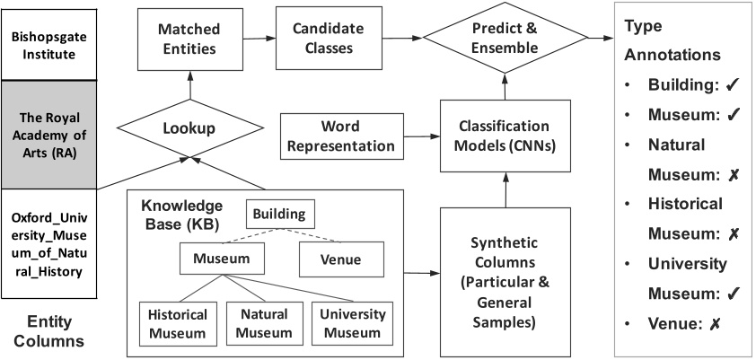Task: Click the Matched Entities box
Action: [x=189, y=39]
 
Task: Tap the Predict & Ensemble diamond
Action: [x=505, y=39]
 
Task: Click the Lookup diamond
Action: [x=189, y=127]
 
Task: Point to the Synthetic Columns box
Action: [x=505, y=268]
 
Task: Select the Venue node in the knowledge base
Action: [x=340, y=259]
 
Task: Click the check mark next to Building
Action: [x=732, y=85]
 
